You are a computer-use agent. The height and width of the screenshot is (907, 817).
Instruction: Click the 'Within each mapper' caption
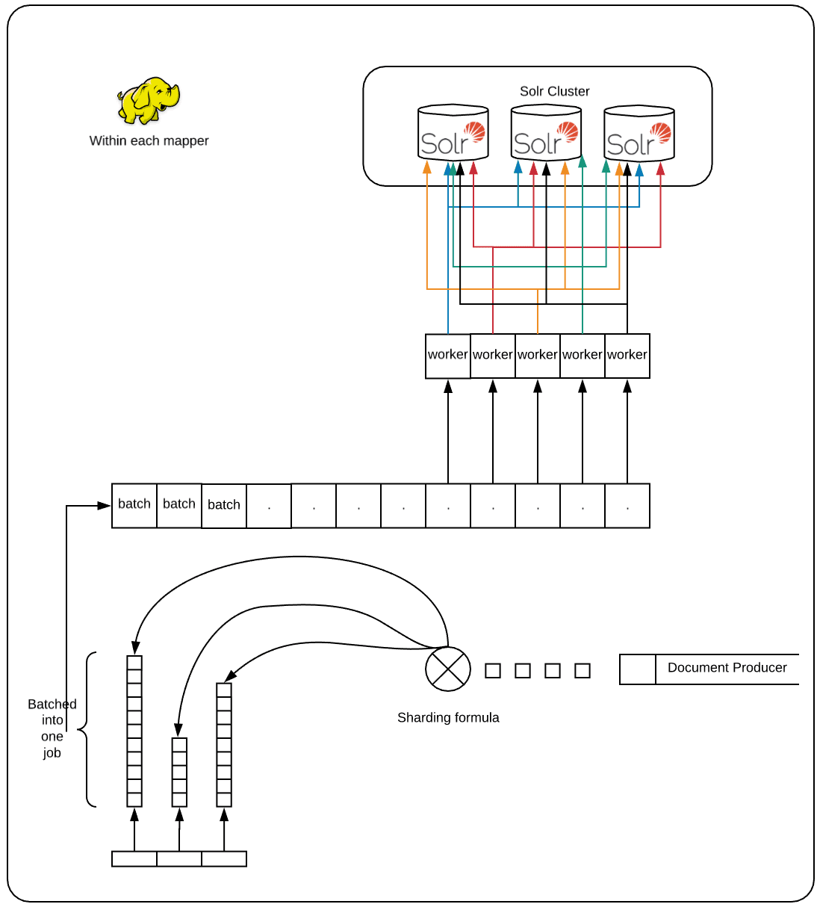149,140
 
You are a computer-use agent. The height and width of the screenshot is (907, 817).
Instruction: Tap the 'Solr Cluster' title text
554,91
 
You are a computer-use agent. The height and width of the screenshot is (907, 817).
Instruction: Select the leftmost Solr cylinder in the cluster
453,134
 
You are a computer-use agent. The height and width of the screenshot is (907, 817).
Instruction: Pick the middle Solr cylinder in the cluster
546,134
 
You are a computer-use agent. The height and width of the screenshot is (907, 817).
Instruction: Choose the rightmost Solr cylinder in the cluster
639,134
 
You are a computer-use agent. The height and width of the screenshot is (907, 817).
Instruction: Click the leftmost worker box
448,356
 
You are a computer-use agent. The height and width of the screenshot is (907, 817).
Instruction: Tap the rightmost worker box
627,356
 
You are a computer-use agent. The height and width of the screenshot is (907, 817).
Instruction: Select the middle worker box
538,356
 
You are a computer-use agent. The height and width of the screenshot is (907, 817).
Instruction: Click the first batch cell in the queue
134,505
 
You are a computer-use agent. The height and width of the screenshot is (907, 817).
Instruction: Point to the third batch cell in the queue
224,506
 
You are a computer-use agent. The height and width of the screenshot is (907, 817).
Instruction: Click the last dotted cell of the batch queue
627,506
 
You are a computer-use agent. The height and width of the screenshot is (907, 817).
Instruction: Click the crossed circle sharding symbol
448,669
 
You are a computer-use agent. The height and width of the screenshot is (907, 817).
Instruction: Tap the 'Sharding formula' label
448,717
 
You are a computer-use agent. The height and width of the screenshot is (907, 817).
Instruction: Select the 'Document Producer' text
727,668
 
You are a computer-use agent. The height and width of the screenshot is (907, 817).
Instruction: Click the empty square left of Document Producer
638,669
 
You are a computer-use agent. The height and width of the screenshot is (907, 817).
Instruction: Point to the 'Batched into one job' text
52,728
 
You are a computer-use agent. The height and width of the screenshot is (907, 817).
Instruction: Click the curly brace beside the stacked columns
86,730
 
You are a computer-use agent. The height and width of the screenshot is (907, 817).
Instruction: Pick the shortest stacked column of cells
179,772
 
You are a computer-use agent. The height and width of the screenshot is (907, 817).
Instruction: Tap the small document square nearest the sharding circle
493,670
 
